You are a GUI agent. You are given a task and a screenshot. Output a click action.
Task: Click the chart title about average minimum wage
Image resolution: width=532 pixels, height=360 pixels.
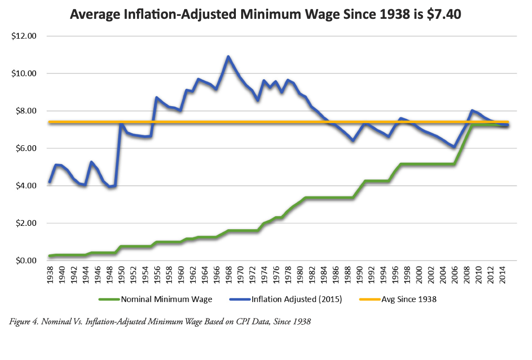[x=266, y=14]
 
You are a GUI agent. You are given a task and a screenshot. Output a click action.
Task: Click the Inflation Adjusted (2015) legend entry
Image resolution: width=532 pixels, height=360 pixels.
[x=296, y=299]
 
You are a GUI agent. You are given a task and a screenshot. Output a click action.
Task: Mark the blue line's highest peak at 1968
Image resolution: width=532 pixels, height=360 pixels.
[x=228, y=56]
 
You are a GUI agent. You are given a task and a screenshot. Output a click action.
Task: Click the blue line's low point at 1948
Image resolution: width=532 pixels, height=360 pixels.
[x=110, y=187]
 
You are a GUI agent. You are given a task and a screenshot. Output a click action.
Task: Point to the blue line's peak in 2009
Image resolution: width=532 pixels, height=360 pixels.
[x=472, y=111]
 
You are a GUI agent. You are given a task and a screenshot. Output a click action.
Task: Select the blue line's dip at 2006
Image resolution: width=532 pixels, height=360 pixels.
[x=454, y=147]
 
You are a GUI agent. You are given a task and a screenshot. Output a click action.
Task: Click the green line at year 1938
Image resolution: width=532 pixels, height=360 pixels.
[x=50, y=256]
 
